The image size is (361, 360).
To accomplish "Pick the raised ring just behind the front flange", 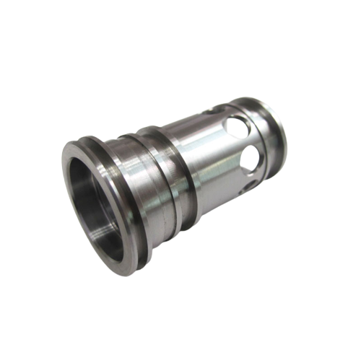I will click(x=116, y=144).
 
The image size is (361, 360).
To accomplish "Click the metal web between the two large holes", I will click(x=245, y=142).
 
